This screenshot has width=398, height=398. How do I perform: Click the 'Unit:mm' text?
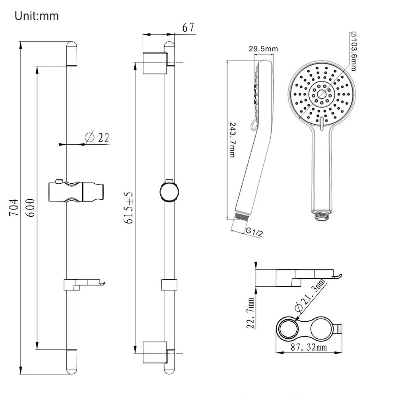tap(37, 16)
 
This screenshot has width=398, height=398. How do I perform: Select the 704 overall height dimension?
tap(14, 208)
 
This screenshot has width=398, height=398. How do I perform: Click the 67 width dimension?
tap(188, 27)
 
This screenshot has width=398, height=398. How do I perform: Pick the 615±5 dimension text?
tap(128, 208)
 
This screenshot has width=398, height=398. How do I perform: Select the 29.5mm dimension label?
tap(263, 49)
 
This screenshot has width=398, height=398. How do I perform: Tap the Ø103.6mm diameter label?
tap(353, 51)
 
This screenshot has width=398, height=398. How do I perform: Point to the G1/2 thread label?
tap(254, 232)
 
